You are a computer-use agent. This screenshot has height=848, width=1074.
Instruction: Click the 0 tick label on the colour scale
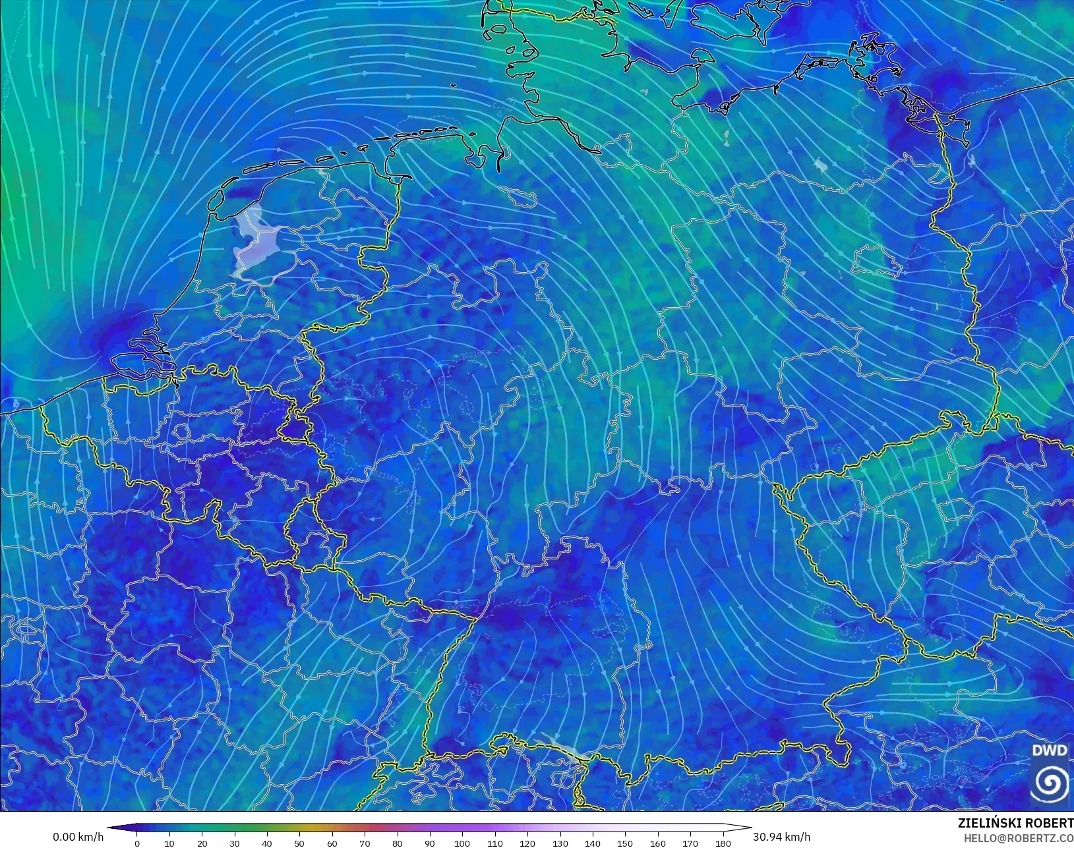point(137,843)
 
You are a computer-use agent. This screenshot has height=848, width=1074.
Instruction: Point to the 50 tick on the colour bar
point(299,843)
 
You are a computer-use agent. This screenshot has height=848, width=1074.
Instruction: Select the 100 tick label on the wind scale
point(462,843)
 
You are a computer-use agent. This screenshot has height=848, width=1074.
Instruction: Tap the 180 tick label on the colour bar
point(723,843)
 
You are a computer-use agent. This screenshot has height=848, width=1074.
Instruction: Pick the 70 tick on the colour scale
point(365,843)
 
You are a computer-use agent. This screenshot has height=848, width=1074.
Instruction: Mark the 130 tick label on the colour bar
point(560,843)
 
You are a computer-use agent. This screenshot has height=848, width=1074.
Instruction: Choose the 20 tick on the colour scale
point(202,843)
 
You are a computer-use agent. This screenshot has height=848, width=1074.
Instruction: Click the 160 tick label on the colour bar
point(657,843)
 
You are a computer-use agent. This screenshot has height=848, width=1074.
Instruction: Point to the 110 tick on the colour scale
point(494,843)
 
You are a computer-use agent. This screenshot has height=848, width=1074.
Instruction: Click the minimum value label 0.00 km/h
point(78,837)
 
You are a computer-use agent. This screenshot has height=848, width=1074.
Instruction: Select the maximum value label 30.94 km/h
point(781,837)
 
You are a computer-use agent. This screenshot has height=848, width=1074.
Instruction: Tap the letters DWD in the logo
point(1049,750)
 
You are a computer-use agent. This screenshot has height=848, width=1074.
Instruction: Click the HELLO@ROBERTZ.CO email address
point(1018,838)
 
